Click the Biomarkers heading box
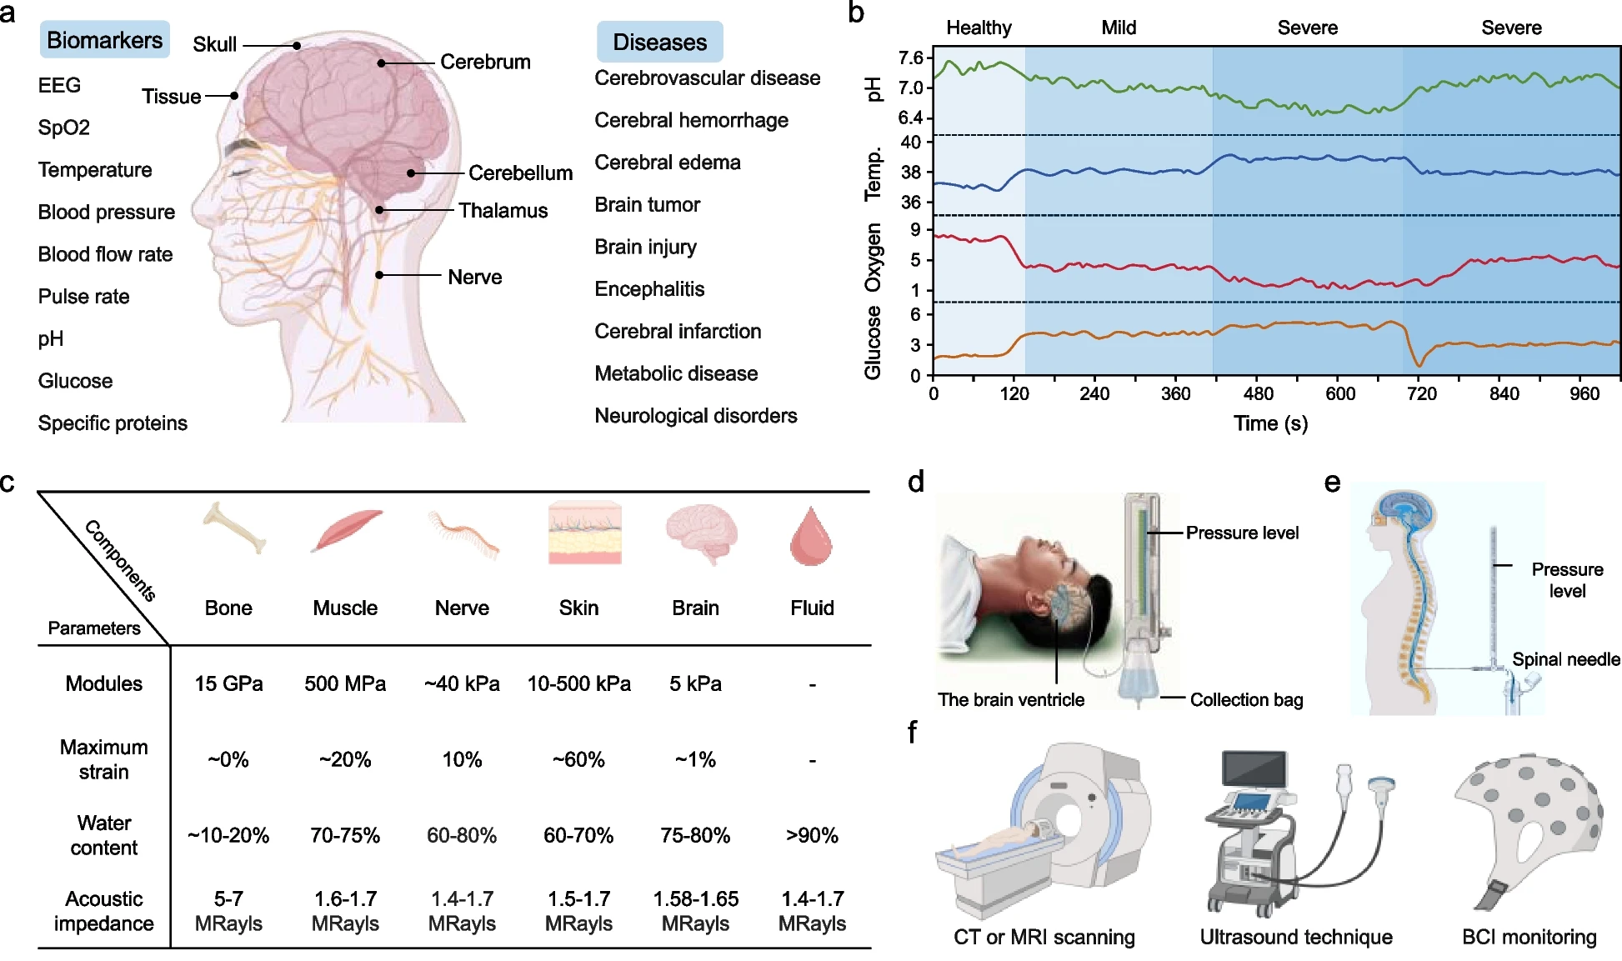coord(105,40)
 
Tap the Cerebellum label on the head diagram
coord(520,173)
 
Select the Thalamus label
coord(503,210)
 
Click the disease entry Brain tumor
coord(647,204)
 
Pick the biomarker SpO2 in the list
coord(63,128)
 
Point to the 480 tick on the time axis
coord(1258,393)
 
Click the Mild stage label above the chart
coord(1119,28)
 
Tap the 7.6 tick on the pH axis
coord(911,58)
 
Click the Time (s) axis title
coord(1270,423)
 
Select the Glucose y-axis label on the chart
coord(873,343)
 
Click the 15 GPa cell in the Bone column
coord(228,683)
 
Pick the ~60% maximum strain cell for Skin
coord(578,759)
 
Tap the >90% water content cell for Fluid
coord(812,835)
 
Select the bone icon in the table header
coord(234,528)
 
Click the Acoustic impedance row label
coord(104,911)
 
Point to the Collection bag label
coord(1246,700)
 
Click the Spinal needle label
coord(1566,659)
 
